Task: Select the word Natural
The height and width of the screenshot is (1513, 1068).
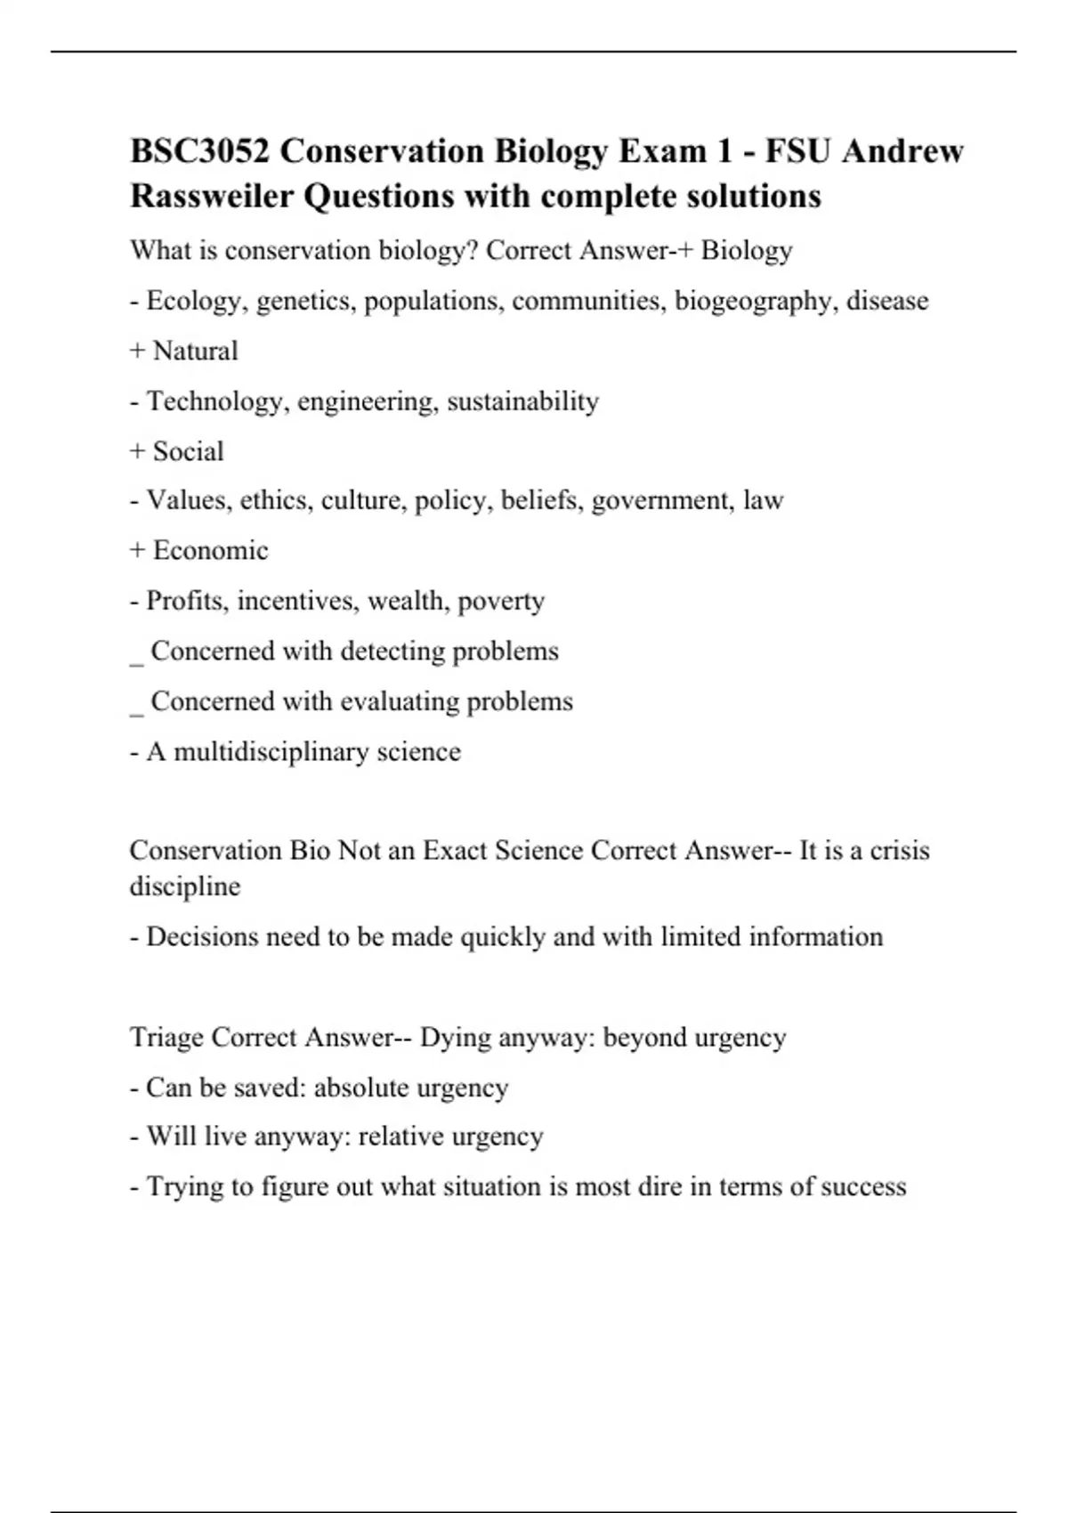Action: (195, 351)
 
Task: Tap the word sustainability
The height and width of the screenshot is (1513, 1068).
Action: (522, 401)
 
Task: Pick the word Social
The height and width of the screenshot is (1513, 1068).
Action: (188, 451)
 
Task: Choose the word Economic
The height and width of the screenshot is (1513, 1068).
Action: (210, 550)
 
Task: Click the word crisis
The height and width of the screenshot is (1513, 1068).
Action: (899, 850)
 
